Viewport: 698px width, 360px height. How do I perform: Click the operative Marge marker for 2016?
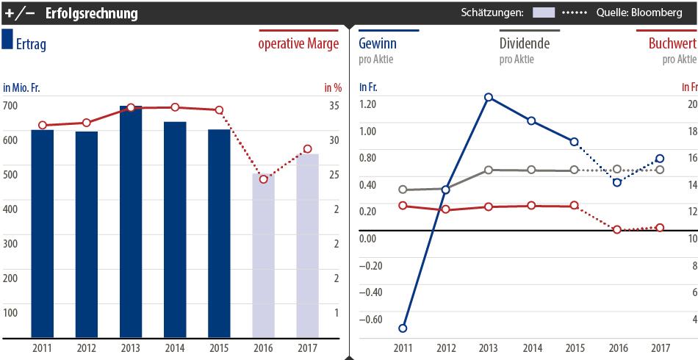pyautogui.click(x=263, y=179)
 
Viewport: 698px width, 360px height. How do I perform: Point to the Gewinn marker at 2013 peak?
pyautogui.click(x=488, y=97)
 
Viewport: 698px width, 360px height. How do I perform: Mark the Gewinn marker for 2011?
pyautogui.click(x=403, y=328)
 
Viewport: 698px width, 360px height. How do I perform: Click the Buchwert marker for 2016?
pyautogui.click(x=617, y=230)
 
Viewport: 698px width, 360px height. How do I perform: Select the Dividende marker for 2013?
pyautogui.click(x=488, y=170)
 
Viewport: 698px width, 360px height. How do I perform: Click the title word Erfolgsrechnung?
pyautogui.click(x=91, y=13)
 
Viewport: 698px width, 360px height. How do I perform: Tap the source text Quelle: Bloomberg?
pyautogui.click(x=638, y=13)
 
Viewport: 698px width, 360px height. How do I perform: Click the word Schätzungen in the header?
pyautogui.click(x=492, y=13)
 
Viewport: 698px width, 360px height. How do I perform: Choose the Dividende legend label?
pyautogui.click(x=524, y=43)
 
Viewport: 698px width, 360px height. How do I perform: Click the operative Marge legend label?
pyautogui.click(x=298, y=44)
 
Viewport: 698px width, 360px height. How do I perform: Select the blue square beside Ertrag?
pyautogui.click(x=7, y=40)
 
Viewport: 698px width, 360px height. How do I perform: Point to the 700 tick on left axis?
pyautogui.click(x=10, y=106)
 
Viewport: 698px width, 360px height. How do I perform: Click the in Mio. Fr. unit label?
pyautogui.click(x=21, y=87)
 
